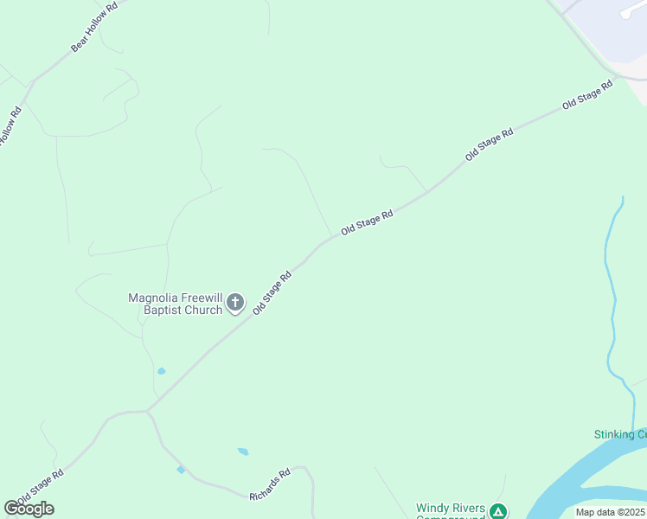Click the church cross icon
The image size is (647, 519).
[235, 303]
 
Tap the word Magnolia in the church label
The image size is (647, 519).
[153, 298]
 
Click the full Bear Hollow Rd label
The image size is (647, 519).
[93, 27]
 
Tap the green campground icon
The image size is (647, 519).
[498, 511]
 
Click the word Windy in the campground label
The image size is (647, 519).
[432, 509]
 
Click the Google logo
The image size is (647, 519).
[29, 508]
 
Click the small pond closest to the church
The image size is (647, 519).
[162, 371]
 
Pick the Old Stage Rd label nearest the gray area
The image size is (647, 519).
[586, 93]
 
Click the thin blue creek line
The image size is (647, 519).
[612, 303]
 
